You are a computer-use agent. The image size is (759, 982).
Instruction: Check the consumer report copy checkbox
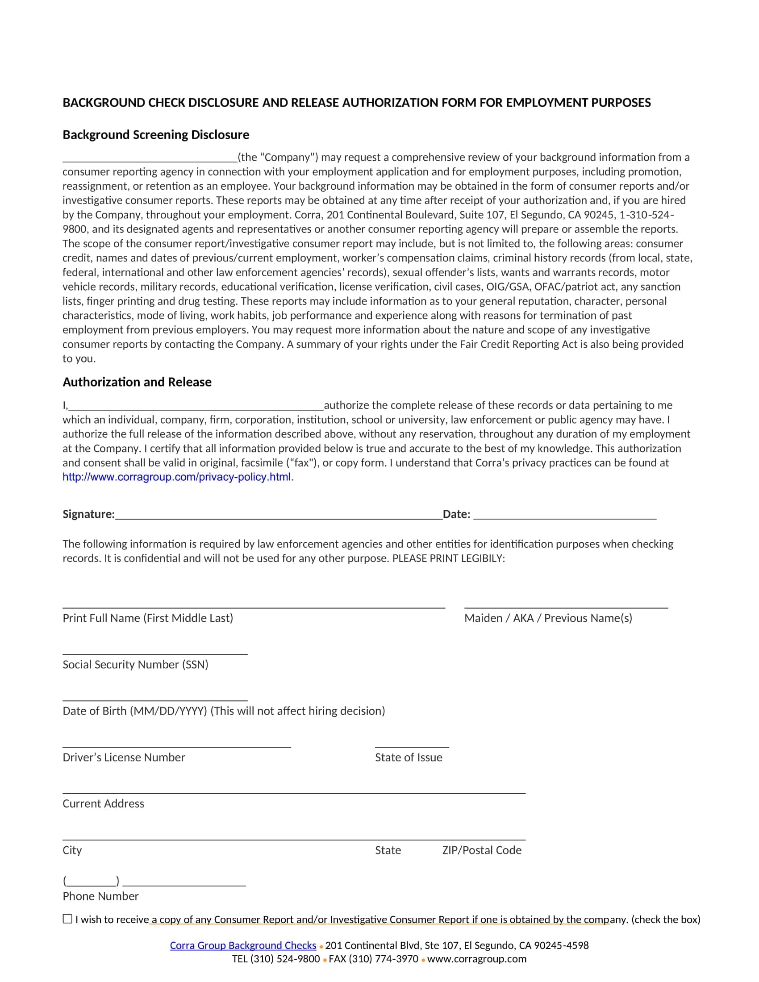click(67, 919)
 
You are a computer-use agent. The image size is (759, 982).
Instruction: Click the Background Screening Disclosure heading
click(155, 135)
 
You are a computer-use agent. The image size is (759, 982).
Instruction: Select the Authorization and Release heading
click(137, 382)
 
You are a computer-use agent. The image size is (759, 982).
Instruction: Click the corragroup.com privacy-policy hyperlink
click(176, 477)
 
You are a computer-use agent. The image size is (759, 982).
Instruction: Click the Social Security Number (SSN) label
click(135, 665)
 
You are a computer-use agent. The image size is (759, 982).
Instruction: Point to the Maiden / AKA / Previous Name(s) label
click(548, 618)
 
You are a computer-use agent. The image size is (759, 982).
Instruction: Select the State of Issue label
click(408, 757)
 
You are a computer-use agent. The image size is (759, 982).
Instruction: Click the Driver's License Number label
click(124, 757)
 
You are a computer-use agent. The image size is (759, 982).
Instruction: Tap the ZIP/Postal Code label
click(482, 850)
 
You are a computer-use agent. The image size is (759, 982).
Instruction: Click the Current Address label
click(104, 804)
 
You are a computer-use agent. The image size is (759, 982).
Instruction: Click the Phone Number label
click(101, 897)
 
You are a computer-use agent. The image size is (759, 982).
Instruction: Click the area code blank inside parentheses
click(91, 881)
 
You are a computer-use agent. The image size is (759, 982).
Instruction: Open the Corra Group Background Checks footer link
click(243, 945)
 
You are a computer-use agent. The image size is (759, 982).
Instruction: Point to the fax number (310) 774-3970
click(390, 959)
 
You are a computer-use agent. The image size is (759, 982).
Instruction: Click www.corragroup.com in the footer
click(477, 959)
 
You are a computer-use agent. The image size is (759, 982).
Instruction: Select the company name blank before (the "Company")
click(150, 158)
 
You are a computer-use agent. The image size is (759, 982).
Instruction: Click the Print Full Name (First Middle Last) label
click(147, 618)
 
